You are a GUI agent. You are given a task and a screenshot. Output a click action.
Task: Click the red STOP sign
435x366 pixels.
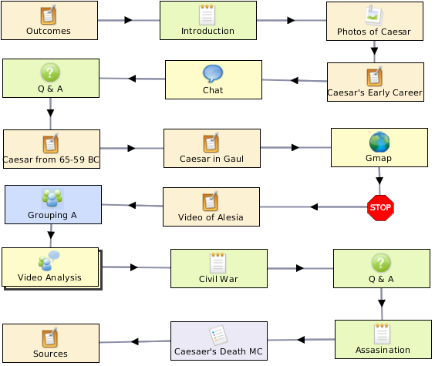(x=380, y=208)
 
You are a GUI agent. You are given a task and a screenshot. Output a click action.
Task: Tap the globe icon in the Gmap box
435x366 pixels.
(x=379, y=142)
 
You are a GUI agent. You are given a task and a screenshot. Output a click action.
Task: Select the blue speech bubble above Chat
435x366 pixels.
(x=213, y=73)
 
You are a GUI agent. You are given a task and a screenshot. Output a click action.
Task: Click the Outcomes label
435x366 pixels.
(x=49, y=31)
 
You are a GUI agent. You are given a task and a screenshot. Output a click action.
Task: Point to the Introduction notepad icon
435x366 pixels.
(x=207, y=15)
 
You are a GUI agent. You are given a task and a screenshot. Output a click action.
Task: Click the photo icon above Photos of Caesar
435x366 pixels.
(x=374, y=15)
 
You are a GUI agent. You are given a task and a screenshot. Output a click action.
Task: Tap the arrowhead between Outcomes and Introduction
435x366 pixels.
(x=128, y=20)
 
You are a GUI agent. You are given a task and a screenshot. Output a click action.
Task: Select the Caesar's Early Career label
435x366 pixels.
(x=375, y=92)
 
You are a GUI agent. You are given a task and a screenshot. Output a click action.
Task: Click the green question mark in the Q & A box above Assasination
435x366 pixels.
(x=381, y=263)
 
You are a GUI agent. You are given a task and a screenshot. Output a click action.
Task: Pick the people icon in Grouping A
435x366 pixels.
(x=52, y=198)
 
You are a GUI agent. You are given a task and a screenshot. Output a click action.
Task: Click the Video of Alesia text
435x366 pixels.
(x=211, y=217)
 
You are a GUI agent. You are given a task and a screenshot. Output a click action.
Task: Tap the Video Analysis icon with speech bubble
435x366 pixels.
(x=49, y=260)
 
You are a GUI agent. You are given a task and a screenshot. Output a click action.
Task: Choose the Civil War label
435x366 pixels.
(x=218, y=279)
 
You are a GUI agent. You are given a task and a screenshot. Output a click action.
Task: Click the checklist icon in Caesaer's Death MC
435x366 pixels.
(x=218, y=335)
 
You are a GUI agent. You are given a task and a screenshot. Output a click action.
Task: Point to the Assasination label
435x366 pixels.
(x=383, y=350)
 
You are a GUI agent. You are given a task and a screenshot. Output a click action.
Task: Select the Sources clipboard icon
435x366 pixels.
(x=50, y=337)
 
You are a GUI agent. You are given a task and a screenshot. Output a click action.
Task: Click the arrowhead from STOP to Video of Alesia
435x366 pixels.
(x=314, y=207)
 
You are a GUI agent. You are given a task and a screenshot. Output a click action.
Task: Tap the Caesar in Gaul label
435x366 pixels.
(x=211, y=159)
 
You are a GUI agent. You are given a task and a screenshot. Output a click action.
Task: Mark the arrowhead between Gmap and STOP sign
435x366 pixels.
(x=379, y=180)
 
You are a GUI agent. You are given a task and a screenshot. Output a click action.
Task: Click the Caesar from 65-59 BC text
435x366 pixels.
(x=51, y=159)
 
